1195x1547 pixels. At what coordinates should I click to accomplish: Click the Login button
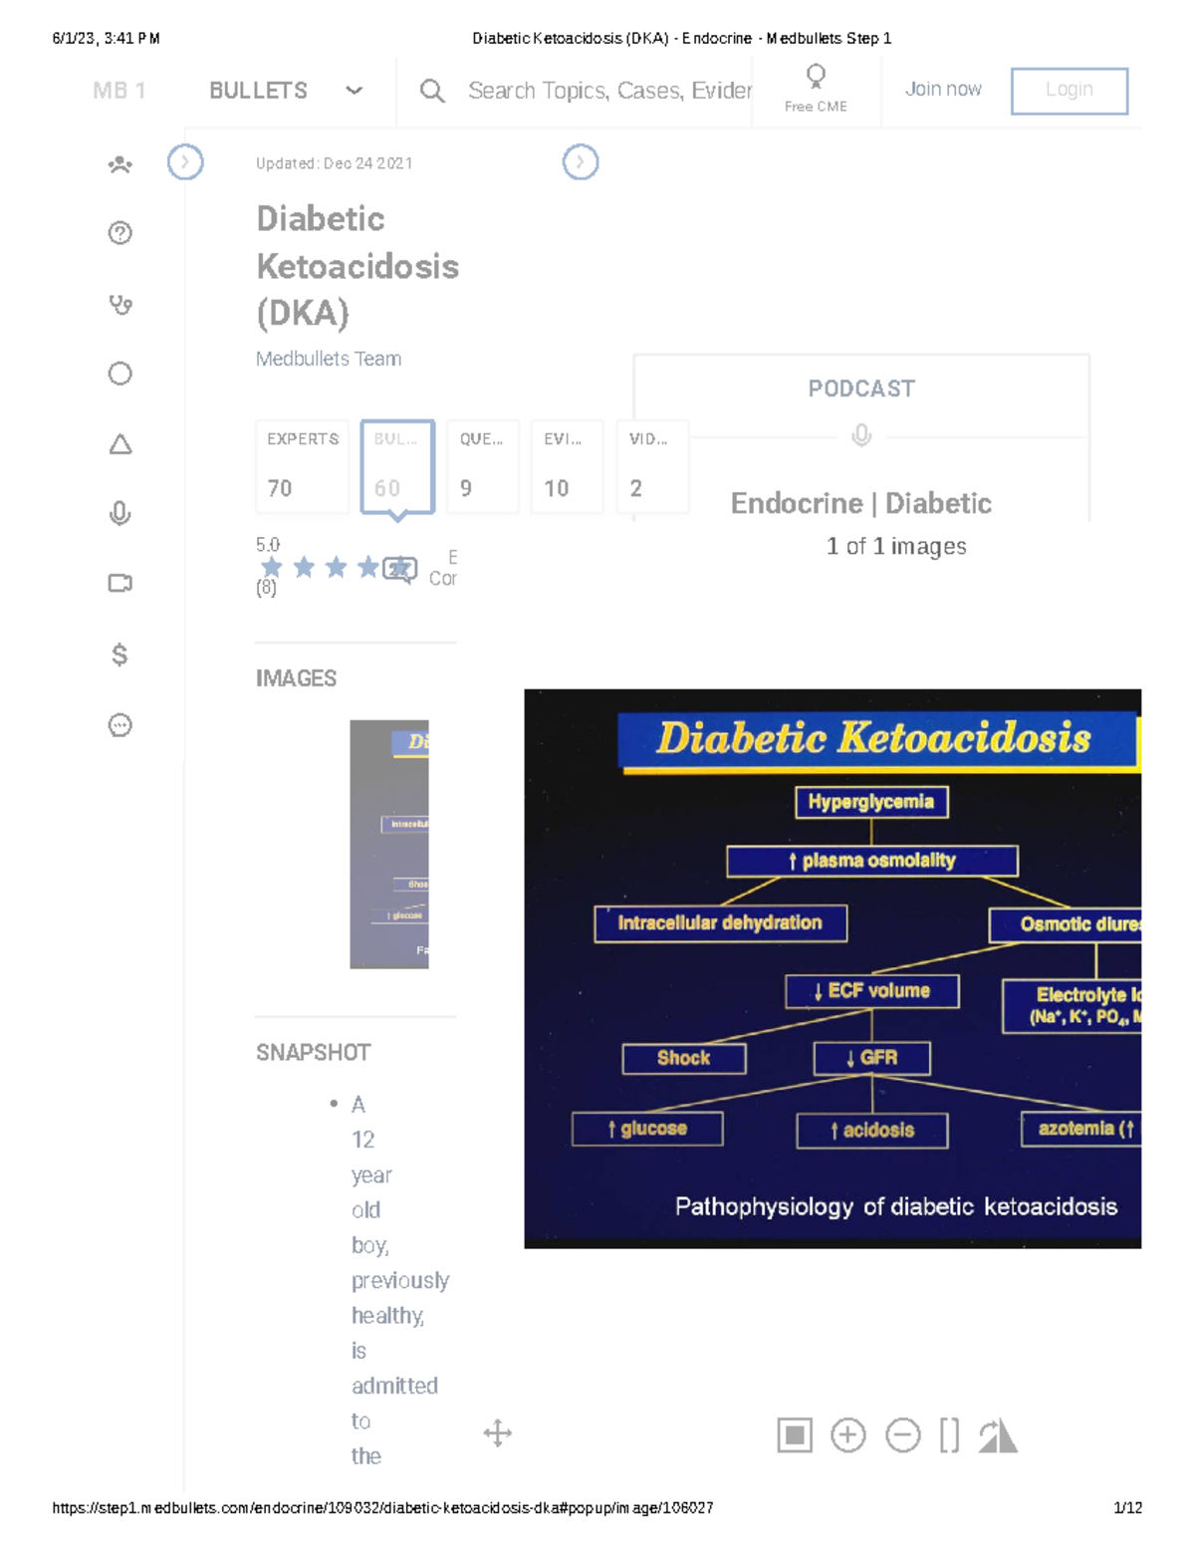(1069, 91)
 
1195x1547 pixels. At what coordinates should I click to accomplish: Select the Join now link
(942, 90)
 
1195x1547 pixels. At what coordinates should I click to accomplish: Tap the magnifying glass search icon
(431, 92)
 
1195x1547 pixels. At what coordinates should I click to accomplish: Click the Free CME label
(815, 106)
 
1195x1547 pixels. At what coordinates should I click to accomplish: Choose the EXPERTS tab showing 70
(302, 465)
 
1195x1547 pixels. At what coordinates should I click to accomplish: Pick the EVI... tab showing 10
(566, 465)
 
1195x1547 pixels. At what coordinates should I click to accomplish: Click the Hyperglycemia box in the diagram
(870, 802)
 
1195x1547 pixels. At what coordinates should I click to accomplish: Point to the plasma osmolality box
(871, 861)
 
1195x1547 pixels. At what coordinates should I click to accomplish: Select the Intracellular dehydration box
(720, 923)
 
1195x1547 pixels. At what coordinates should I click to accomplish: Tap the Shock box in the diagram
(683, 1058)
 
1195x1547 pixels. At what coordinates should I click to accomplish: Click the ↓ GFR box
(871, 1058)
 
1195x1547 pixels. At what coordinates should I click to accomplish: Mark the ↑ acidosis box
(871, 1130)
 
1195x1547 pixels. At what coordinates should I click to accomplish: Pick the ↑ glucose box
(647, 1129)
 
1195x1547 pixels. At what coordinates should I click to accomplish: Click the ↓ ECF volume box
(871, 991)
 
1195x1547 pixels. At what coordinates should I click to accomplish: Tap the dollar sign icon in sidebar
(119, 654)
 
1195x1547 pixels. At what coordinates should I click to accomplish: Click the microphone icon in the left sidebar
(119, 513)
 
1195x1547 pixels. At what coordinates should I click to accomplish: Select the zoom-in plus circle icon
(847, 1435)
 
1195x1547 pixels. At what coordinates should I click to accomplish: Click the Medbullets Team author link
(328, 359)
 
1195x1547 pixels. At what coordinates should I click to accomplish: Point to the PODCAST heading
(860, 388)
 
